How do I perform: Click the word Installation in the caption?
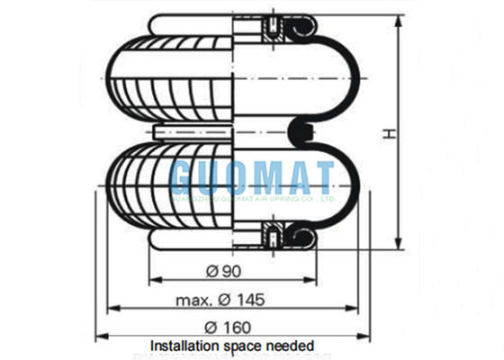click(x=182, y=346)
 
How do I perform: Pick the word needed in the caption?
click(x=291, y=346)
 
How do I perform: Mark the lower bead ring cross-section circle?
click(x=303, y=237)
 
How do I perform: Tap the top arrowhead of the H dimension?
click(x=397, y=20)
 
